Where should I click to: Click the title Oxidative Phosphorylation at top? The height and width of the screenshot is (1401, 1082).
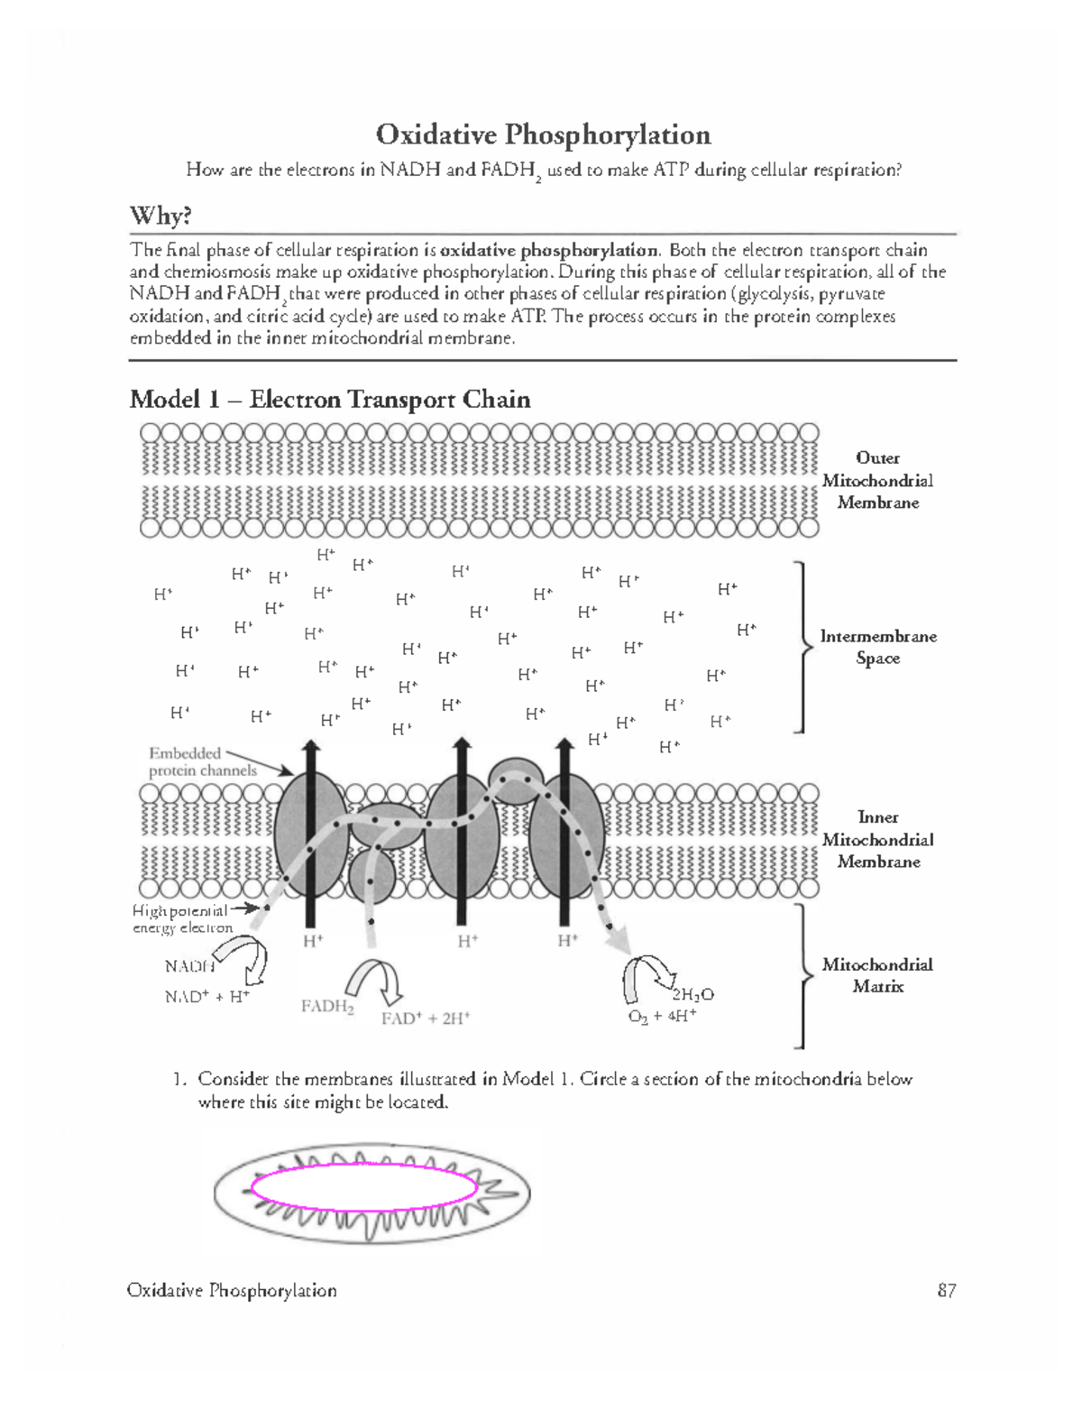543,134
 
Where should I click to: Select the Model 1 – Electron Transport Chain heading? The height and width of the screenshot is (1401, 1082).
329,399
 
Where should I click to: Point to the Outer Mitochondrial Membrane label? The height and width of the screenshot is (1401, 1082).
877,480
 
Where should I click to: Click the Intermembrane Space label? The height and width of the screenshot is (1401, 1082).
877,647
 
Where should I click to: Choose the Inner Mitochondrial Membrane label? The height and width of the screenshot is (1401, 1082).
877,839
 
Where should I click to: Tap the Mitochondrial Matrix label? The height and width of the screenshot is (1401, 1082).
877,975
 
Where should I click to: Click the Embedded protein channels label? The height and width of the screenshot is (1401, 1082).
202,761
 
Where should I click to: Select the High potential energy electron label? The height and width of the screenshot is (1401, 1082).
182,919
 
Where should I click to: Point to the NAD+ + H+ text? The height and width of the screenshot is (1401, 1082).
206,997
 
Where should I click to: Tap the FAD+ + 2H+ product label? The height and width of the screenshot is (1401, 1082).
426,1018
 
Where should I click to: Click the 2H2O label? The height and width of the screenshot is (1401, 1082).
692,994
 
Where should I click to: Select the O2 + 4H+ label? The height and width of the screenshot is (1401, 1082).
662,1016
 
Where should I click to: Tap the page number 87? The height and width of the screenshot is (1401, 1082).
946,1290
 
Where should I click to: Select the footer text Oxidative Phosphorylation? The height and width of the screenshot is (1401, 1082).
232,1290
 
